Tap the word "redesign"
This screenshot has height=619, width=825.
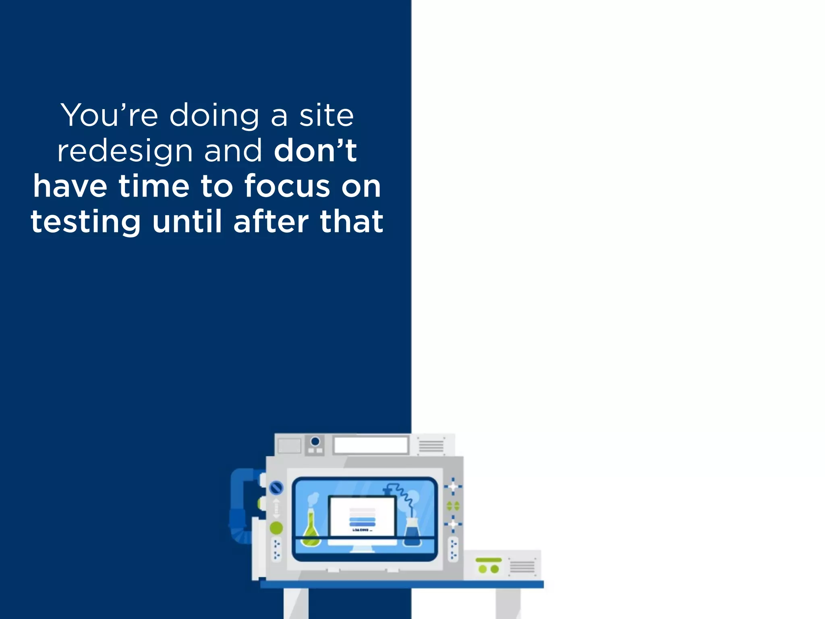(125, 151)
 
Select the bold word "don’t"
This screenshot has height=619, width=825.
(315, 151)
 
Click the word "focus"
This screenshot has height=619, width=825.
(287, 186)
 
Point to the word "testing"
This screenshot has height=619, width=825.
(86, 222)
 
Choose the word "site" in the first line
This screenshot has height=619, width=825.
(326, 115)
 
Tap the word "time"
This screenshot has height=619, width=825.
(153, 186)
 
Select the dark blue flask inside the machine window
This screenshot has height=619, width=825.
(412, 533)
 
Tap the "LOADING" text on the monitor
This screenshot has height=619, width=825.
(362, 530)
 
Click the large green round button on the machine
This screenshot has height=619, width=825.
(276, 528)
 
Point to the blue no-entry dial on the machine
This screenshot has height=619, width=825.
(276, 488)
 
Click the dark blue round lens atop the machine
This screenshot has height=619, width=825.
(315, 441)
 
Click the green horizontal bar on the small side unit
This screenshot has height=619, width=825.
(489, 560)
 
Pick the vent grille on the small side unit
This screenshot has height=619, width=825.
(522, 567)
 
